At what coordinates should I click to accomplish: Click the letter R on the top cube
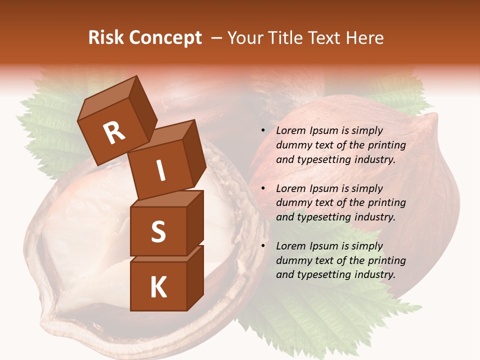coord(114,133)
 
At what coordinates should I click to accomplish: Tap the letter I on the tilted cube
coord(160,171)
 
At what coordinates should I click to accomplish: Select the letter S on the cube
coord(158,232)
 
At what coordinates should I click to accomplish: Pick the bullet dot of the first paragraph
coord(263,131)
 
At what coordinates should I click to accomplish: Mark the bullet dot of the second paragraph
coord(263,188)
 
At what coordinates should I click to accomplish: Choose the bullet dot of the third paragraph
coord(263,246)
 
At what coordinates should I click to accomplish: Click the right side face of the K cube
coord(195,277)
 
